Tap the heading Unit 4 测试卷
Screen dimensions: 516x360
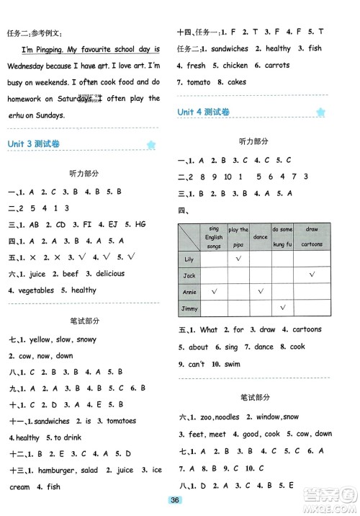[x=204, y=112]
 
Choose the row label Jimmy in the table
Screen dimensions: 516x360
[x=190, y=308]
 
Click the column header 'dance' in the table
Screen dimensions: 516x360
[x=261, y=236]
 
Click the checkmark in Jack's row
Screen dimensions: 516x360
[x=311, y=275]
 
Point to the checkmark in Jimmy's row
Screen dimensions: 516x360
[x=282, y=308]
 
